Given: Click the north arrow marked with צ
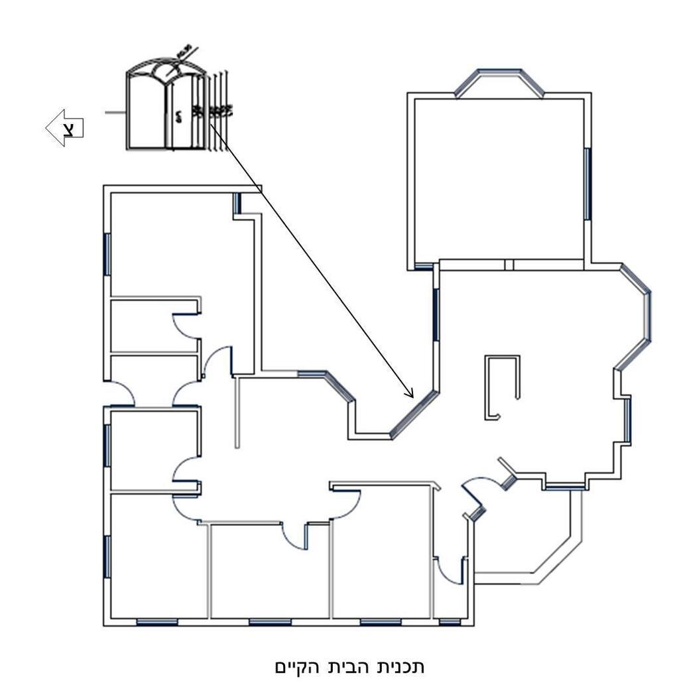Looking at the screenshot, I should pyautogui.click(x=65, y=127).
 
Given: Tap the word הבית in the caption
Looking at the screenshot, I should pyautogui.click(x=353, y=665).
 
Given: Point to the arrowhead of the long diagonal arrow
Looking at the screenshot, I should pyautogui.click(x=410, y=393).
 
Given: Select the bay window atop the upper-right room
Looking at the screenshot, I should pyautogui.click(x=499, y=81).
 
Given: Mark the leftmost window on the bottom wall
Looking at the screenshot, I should pyautogui.click(x=157, y=622).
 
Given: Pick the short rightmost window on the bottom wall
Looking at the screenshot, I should pyautogui.click(x=450, y=622).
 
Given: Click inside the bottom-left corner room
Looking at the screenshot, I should pyautogui.click(x=156, y=564).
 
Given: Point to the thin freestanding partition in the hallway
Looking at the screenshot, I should pyautogui.click(x=237, y=411).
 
